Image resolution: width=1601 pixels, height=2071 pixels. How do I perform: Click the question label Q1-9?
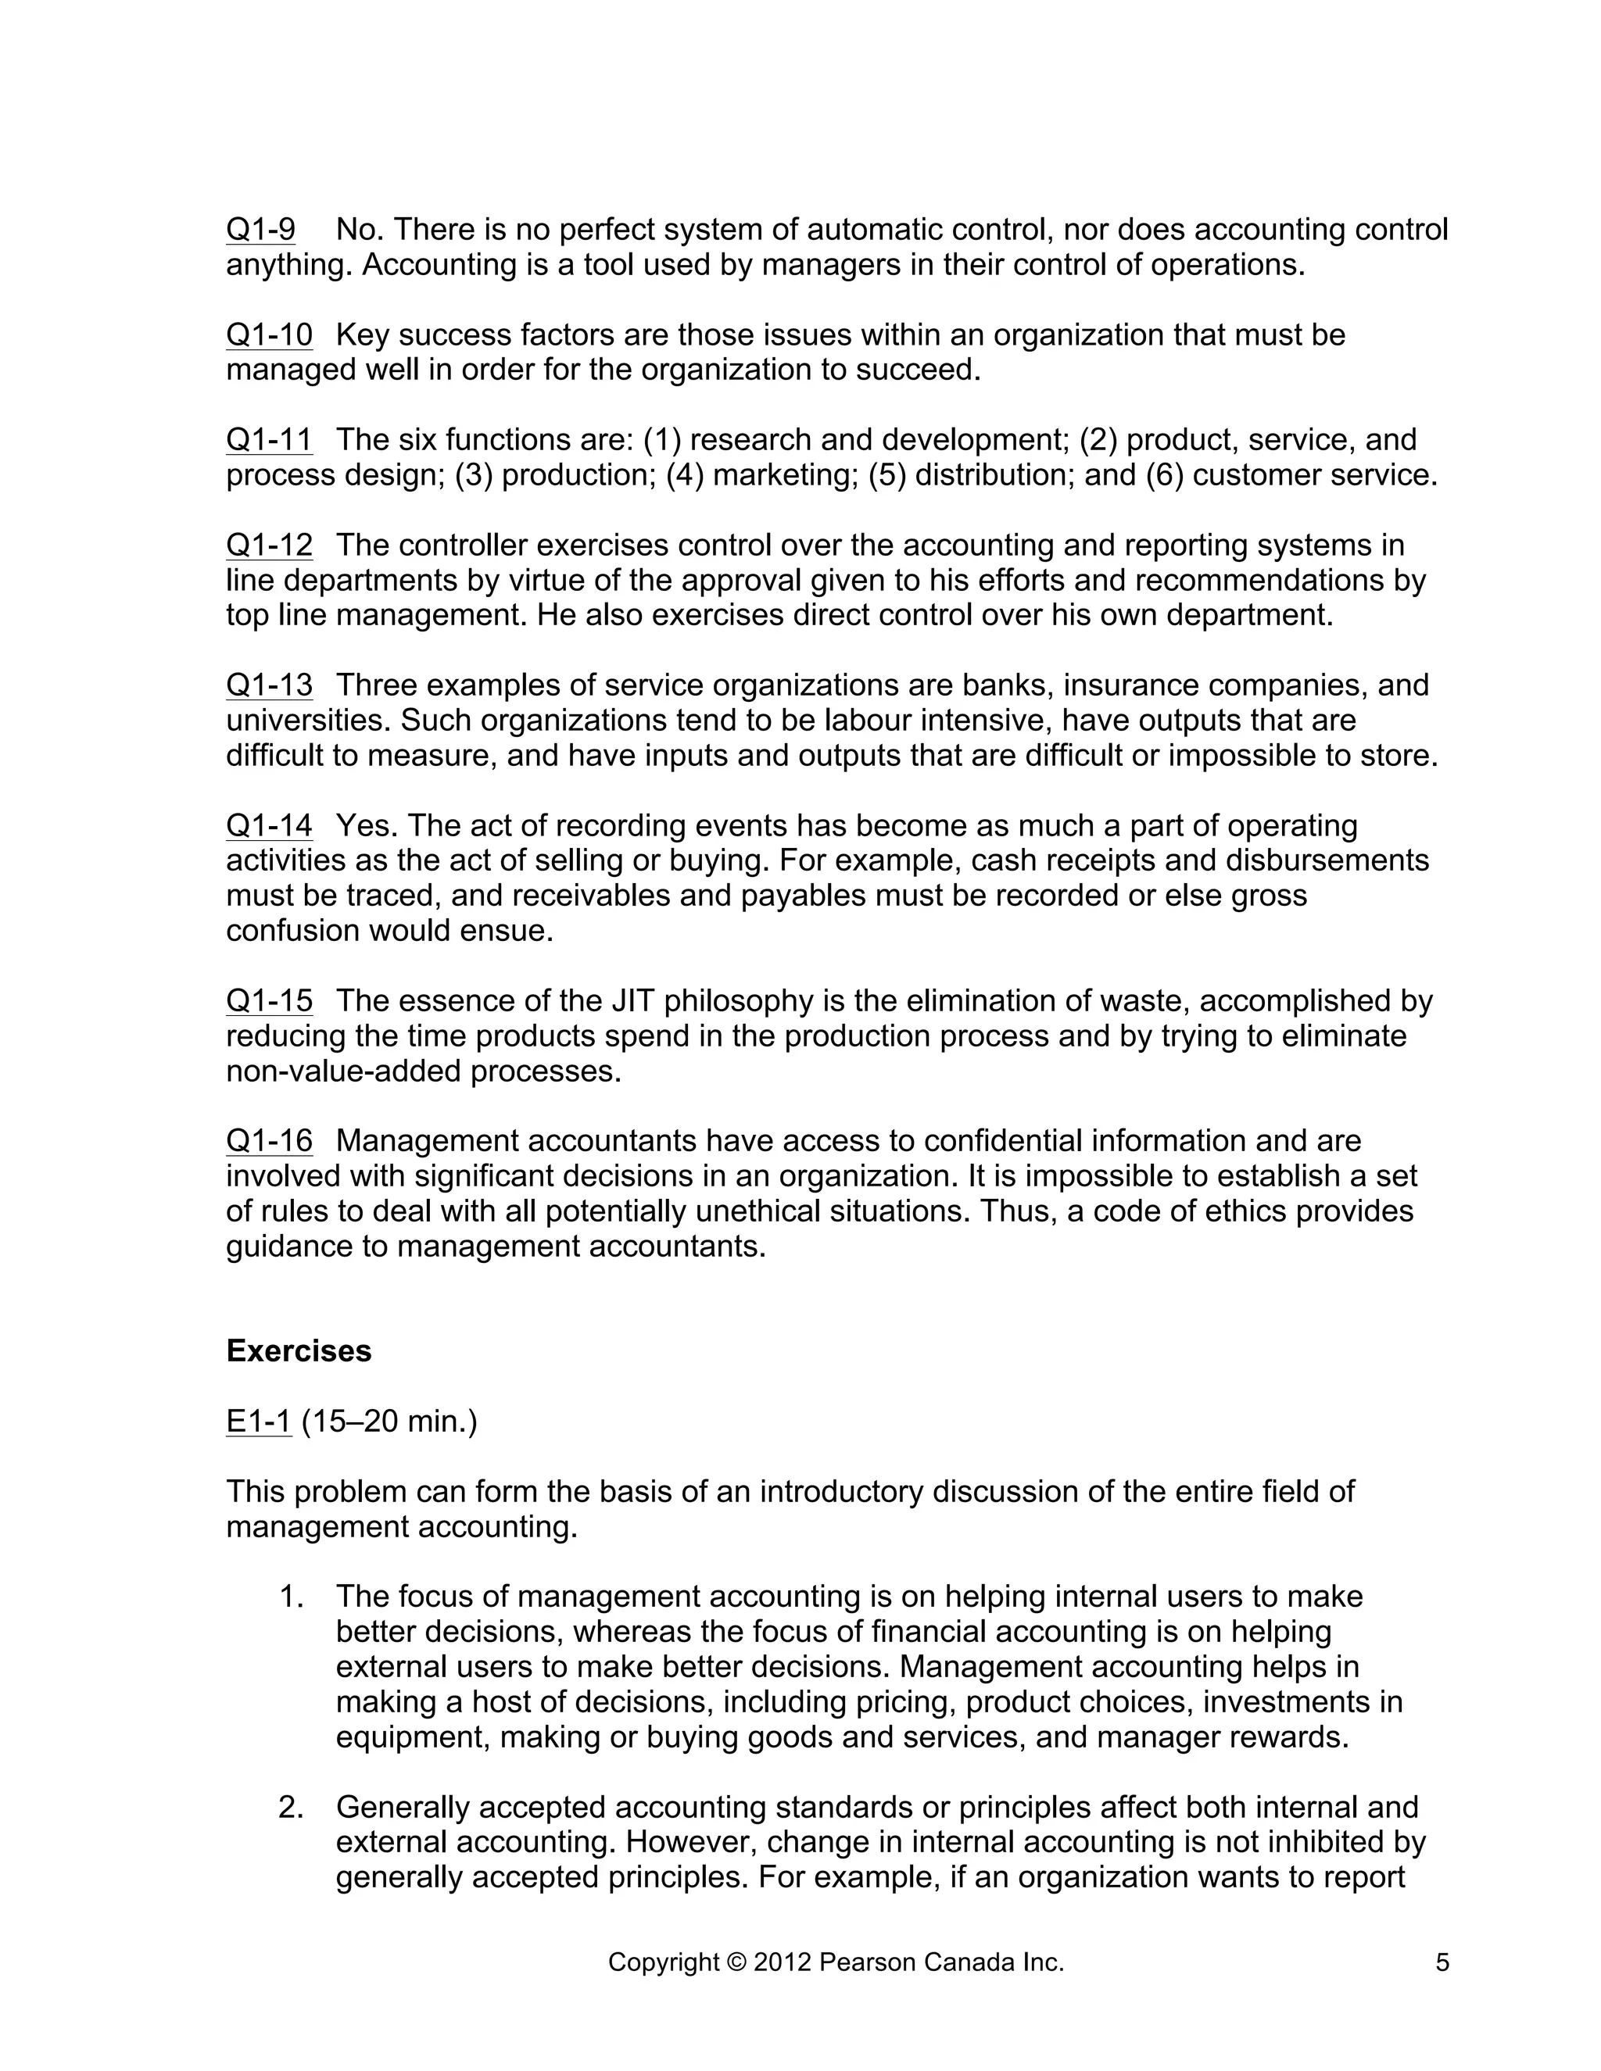point(260,230)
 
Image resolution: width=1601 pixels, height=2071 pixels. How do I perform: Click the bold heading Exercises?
point(299,1350)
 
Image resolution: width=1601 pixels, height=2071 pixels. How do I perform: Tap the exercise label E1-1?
point(258,1422)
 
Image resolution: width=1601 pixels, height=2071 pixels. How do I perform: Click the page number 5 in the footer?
point(1442,1962)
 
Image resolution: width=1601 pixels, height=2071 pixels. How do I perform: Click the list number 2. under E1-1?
point(290,1808)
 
